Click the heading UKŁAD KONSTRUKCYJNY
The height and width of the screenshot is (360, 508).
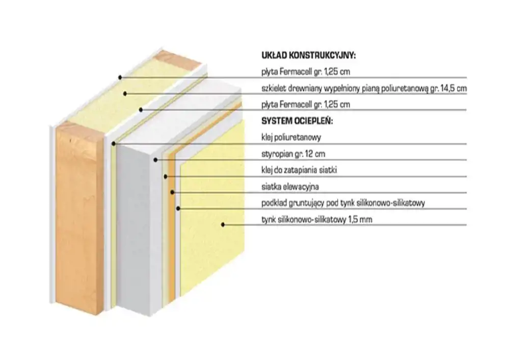click(308, 56)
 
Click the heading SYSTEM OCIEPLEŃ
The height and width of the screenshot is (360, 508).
click(297, 121)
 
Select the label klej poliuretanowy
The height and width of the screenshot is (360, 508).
click(291, 137)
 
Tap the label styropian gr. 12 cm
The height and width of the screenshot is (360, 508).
click(293, 153)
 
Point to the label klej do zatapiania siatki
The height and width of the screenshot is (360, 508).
click(299, 170)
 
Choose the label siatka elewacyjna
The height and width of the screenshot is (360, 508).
click(290, 187)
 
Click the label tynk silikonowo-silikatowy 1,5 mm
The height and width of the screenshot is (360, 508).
click(316, 220)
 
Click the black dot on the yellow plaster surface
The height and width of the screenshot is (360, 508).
click(223, 224)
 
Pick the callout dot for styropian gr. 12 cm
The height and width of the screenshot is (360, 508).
click(155, 160)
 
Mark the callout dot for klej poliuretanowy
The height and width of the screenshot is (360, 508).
click(114, 144)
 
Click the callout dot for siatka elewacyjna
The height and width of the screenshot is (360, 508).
click(172, 192)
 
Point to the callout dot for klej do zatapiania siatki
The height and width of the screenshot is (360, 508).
click(165, 176)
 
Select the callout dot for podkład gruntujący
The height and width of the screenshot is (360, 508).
click(178, 208)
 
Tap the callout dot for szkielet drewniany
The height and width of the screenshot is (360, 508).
click(125, 94)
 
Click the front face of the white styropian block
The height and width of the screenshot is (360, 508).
click(139, 231)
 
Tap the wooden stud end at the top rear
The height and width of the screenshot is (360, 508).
click(177, 61)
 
